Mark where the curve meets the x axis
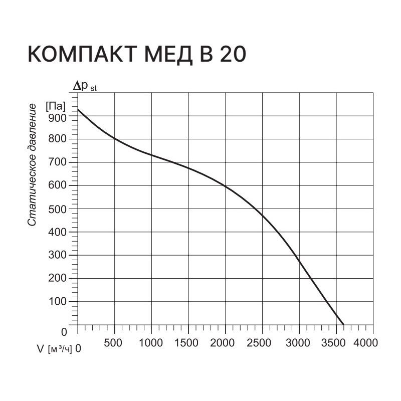pyautogui.click(x=344, y=325)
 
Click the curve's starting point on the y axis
pyautogui.click(x=78, y=109)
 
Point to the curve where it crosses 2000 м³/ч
pyautogui.click(x=226, y=187)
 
